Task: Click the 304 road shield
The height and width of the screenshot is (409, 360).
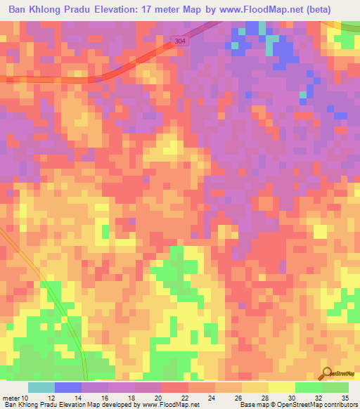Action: tap(180, 43)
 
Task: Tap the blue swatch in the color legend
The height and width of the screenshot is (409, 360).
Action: tap(67, 387)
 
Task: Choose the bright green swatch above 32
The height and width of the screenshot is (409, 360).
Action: tap(308, 387)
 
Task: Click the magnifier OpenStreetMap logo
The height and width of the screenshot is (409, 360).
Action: tap(328, 375)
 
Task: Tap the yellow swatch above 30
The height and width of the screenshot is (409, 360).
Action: tap(281, 387)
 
